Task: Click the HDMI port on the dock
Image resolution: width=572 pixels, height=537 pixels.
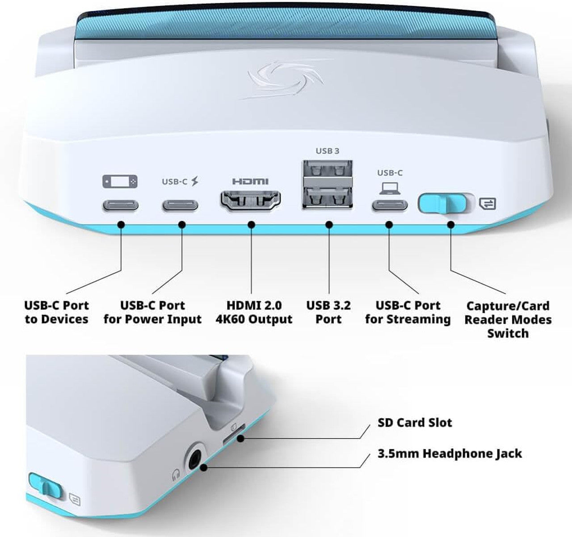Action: [251, 201]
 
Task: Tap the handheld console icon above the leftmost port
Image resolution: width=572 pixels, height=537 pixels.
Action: [120, 181]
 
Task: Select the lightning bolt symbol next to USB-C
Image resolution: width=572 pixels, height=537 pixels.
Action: [194, 181]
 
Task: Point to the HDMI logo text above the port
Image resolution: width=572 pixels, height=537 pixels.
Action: [250, 181]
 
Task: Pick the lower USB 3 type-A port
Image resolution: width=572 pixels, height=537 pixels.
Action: [328, 196]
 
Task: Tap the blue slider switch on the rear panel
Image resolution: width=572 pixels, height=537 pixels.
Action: [443, 204]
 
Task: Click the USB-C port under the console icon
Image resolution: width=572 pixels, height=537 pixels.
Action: [120, 206]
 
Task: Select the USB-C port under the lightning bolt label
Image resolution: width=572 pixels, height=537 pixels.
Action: [181, 206]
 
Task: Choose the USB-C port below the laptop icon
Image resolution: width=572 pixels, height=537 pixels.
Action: [390, 206]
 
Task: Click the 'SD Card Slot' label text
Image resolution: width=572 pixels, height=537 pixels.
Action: [415, 423]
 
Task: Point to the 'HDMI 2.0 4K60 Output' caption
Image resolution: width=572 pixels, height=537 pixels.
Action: [253, 312]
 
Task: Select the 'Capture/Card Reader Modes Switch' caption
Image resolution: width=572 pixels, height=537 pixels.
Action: [508, 319]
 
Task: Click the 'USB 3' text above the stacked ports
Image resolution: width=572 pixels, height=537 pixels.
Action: [328, 151]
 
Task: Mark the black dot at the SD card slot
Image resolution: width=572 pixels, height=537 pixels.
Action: [240, 438]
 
